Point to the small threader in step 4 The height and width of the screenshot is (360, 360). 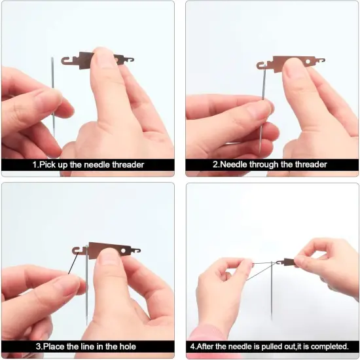[x=286, y=262]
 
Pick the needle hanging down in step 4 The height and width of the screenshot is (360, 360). [x=272, y=295]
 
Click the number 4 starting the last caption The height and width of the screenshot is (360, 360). [x=192, y=346]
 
